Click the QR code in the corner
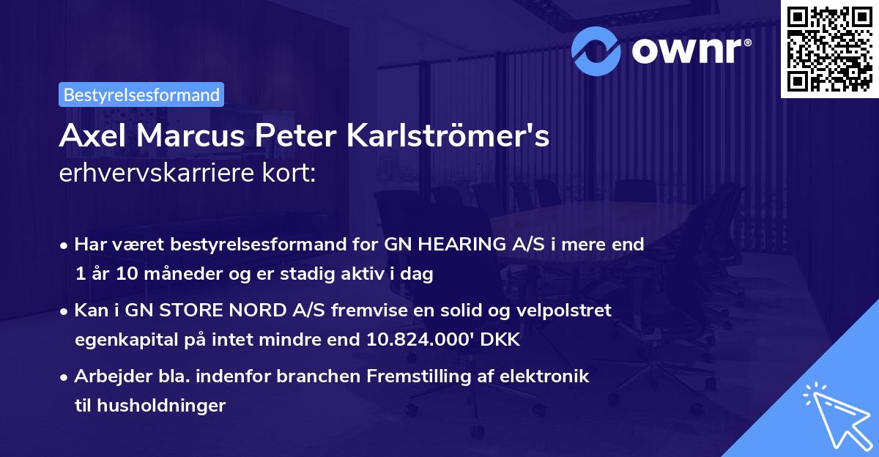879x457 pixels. (829, 49)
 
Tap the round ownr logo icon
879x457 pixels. (596, 50)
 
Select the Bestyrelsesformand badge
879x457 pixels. (141, 94)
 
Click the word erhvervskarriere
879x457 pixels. (163, 175)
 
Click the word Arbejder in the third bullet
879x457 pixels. (110, 377)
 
